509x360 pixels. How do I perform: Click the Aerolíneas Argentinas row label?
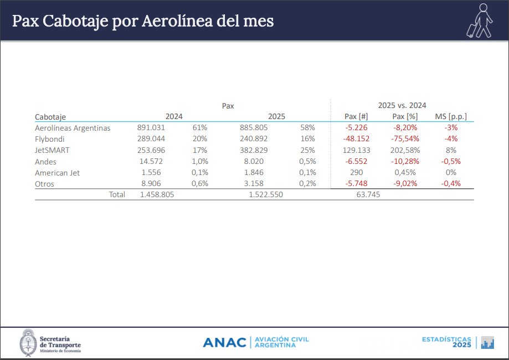click(x=73, y=128)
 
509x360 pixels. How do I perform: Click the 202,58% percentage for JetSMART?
click(x=405, y=150)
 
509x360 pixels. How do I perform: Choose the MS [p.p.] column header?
click(x=451, y=116)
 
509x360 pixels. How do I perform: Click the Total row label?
click(x=117, y=194)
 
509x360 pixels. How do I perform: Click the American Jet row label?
click(x=57, y=173)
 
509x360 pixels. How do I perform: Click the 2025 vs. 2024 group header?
click(x=402, y=105)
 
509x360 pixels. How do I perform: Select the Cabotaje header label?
click(x=50, y=117)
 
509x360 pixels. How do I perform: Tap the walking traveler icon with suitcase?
click(x=480, y=21)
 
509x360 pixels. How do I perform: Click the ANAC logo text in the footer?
click(x=224, y=342)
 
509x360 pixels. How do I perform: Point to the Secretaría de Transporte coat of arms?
click(x=28, y=343)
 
